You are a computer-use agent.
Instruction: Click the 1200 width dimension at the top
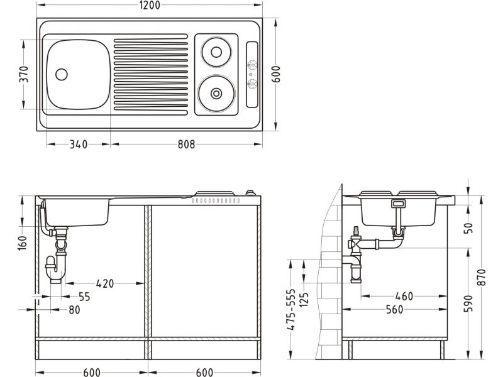pyautogui.click(x=150, y=5)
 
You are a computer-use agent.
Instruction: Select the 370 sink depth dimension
pyautogui.click(x=24, y=74)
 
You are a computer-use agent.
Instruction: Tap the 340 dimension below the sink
pyautogui.click(x=79, y=145)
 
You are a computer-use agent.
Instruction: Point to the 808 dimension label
pyautogui.click(x=186, y=145)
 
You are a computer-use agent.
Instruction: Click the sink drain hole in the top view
pyautogui.click(x=61, y=74)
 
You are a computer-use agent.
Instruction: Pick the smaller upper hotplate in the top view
pyautogui.click(x=216, y=52)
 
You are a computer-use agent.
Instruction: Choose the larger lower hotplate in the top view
pyautogui.click(x=216, y=93)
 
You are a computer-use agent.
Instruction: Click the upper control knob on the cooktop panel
pyautogui.click(x=252, y=65)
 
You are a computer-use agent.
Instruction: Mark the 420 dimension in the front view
pyautogui.click(x=105, y=283)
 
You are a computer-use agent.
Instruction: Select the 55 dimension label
pyautogui.click(x=84, y=297)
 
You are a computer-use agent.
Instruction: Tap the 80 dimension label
pyautogui.click(x=74, y=310)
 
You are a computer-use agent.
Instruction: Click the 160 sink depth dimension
pyautogui.click(x=23, y=243)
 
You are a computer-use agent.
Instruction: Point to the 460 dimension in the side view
pyautogui.click(x=404, y=296)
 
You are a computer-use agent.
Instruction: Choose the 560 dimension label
pyautogui.click(x=395, y=310)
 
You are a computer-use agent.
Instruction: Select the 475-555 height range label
pyautogui.click(x=291, y=310)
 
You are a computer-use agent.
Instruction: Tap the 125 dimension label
pyautogui.click(x=304, y=300)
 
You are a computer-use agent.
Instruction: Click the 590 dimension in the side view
pyautogui.click(x=468, y=303)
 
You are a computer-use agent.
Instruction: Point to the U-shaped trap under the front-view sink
pyautogui.click(x=55, y=270)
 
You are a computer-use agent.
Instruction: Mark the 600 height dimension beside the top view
pyautogui.click(x=277, y=74)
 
